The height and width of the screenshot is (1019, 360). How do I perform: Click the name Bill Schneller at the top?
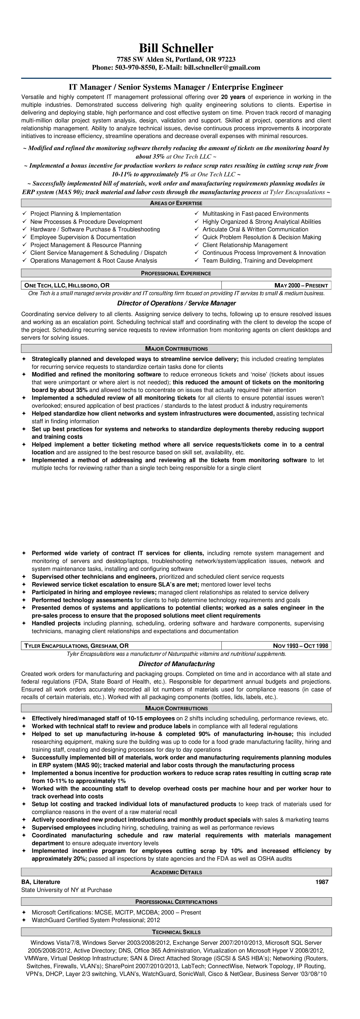[x=176, y=48]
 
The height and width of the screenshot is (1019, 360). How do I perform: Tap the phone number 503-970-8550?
[x=135, y=68]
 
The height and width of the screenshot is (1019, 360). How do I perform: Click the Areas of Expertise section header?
[x=176, y=203]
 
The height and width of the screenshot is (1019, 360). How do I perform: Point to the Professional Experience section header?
[x=176, y=273]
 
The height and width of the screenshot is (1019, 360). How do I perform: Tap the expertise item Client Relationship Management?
[x=245, y=245]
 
